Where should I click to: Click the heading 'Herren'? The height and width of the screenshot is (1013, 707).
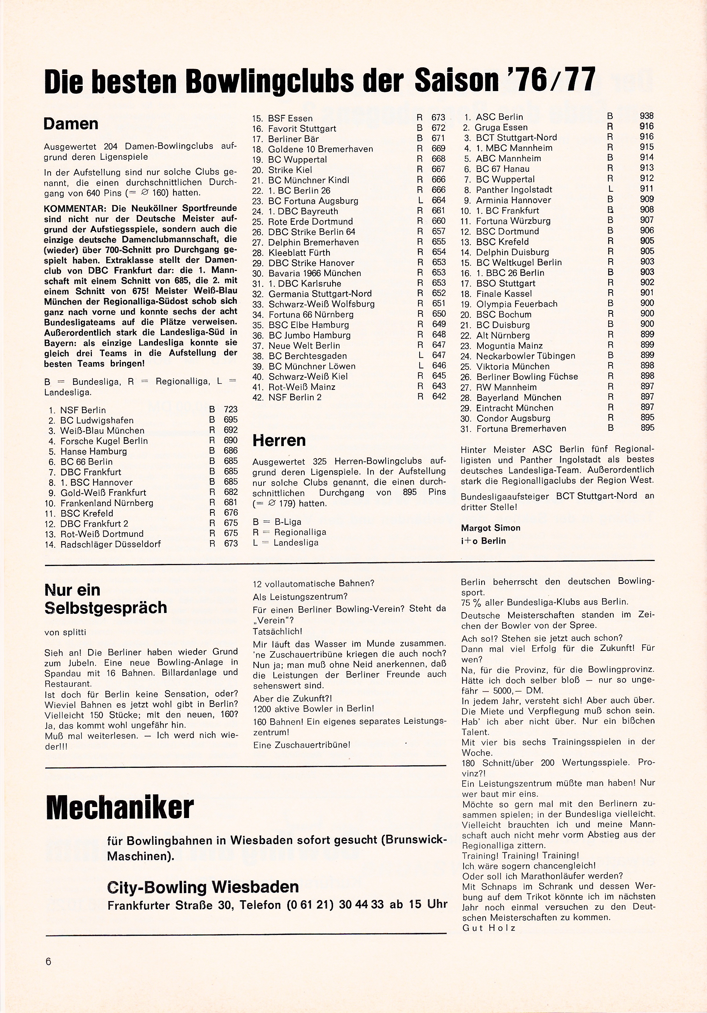(279, 440)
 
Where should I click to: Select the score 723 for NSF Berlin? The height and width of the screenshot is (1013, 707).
(230, 409)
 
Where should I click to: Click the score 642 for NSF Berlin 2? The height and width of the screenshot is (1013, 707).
(439, 397)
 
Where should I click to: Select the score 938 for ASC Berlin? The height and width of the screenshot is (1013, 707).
(647, 116)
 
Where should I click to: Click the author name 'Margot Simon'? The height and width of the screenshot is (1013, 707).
(490, 528)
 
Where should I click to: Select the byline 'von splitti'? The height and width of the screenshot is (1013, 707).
(65, 632)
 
